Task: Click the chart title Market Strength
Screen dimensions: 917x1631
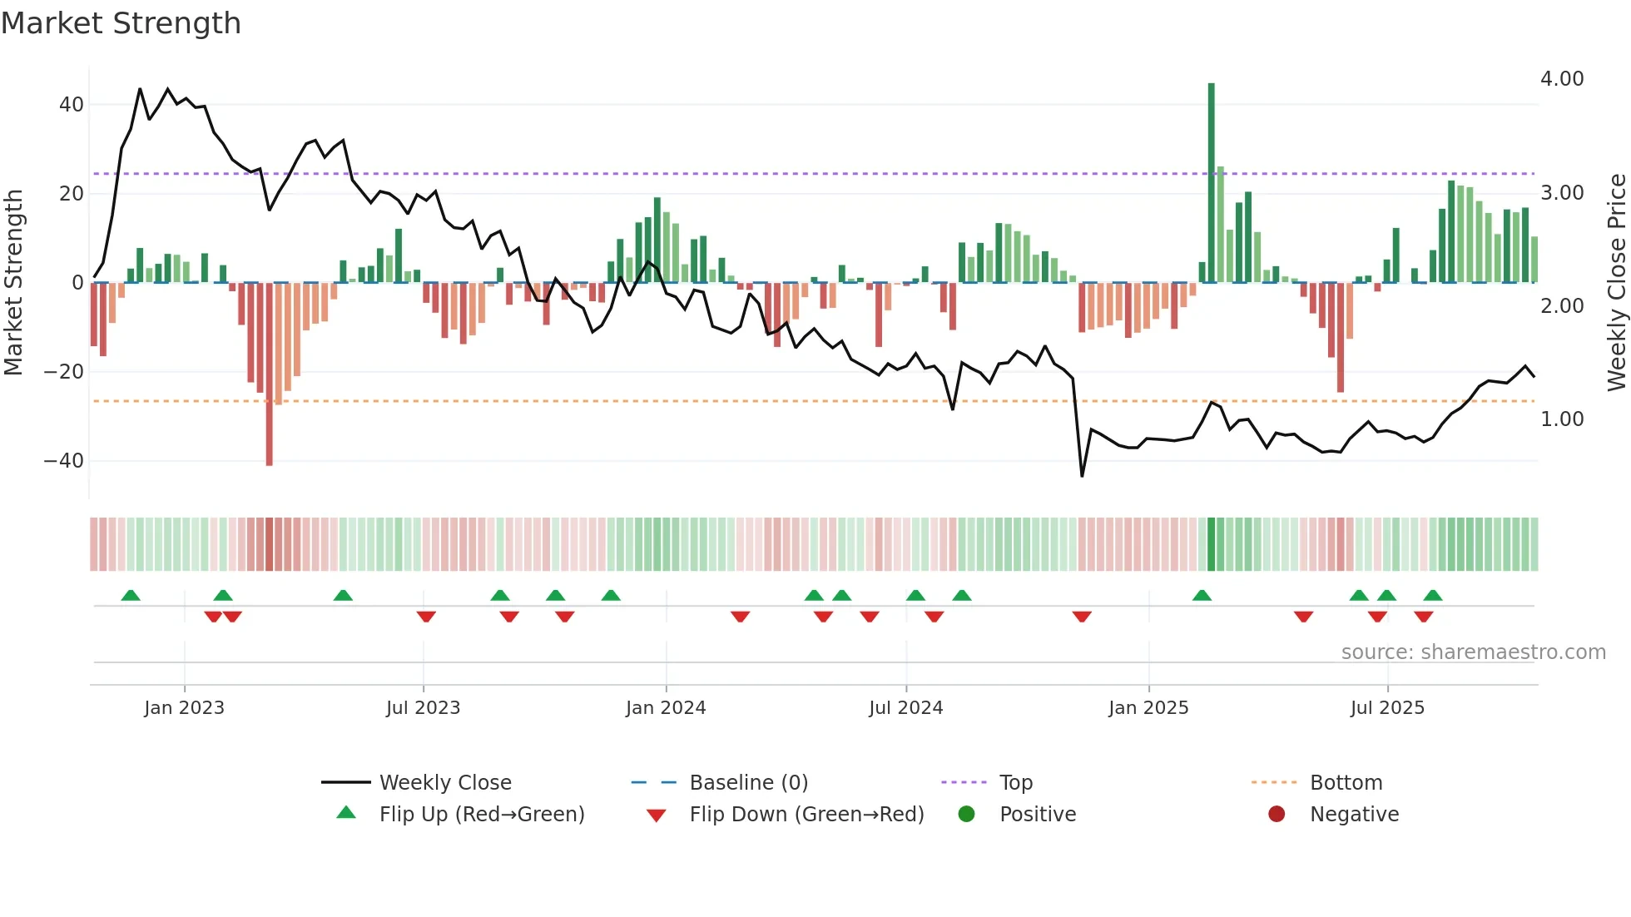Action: (x=121, y=23)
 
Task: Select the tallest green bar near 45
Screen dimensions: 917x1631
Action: (x=1212, y=183)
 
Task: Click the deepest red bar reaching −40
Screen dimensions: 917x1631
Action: (x=270, y=374)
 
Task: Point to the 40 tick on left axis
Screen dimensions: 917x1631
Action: (x=72, y=105)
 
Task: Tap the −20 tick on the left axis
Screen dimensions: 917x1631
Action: (x=65, y=372)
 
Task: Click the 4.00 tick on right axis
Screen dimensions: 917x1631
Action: (x=1562, y=79)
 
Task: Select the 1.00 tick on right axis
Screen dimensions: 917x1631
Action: (x=1562, y=419)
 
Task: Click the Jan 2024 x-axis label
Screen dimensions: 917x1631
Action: (x=666, y=708)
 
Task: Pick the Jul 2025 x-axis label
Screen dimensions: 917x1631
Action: (x=1387, y=708)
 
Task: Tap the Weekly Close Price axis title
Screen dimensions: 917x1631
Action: (x=1616, y=283)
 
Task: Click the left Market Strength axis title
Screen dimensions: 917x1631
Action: (x=14, y=283)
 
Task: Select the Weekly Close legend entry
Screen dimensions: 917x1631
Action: (x=445, y=783)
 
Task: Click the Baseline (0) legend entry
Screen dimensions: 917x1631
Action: (x=748, y=783)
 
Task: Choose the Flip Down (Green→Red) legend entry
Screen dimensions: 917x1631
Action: (x=806, y=815)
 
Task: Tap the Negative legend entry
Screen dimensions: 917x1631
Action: (x=1354, y=815)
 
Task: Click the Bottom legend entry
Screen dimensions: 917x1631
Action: (x=1346, y=783)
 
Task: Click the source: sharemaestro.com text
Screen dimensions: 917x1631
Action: (x=1473, y=652)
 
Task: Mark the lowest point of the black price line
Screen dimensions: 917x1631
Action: (x=1082, y=476)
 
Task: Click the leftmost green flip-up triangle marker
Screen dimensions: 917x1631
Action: (x=131, y=595)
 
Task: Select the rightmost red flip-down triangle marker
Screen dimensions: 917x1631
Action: (x=1424, y=617)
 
